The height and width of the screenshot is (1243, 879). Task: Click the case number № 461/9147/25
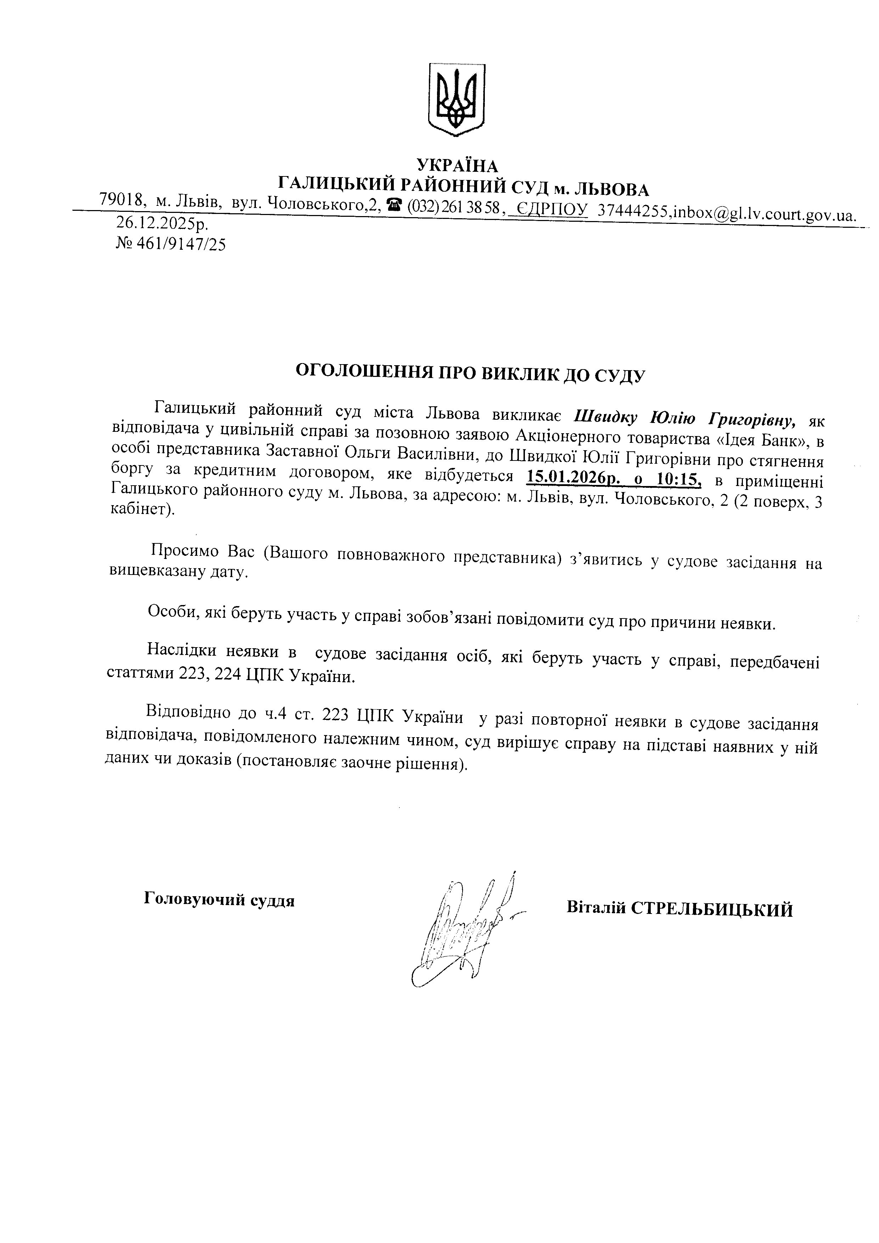170,245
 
